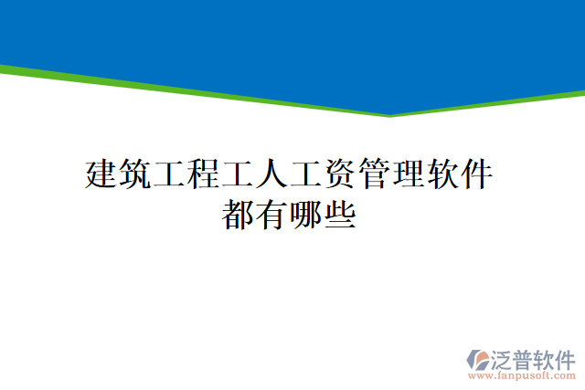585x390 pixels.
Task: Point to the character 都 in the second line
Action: tap(239, 216)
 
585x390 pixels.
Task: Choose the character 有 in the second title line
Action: tap(272, 216)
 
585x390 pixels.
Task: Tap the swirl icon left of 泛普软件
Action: tap(478, 359)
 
